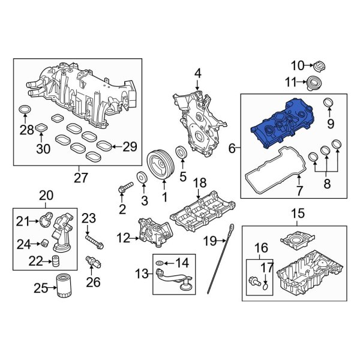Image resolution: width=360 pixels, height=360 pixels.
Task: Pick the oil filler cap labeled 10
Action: (x=319, y=65)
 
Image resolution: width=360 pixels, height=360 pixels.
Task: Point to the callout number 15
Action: (x=298, y=213)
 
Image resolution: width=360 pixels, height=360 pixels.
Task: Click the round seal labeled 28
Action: (x=25, y=109)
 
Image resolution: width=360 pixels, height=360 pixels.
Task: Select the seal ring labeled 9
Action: (x=329, y=106)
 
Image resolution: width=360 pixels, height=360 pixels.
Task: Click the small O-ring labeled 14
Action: (x=158, y=263)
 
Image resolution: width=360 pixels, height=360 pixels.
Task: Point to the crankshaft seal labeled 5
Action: (x=181, y=151)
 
